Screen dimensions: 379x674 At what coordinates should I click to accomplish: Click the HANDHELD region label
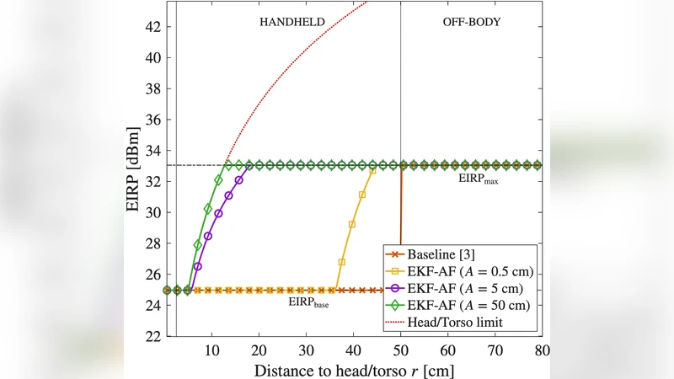[291, 23]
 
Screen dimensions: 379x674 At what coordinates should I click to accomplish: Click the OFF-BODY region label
[471, 23]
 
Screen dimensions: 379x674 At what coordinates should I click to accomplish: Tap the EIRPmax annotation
[477, 179]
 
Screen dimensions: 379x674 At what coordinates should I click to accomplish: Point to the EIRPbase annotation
[309, 303]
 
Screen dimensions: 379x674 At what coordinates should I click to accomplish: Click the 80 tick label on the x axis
[541, 350]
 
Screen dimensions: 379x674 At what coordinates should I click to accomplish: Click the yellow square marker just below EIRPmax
[372, 171]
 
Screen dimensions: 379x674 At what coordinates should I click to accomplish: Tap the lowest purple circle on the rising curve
[198, 266]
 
